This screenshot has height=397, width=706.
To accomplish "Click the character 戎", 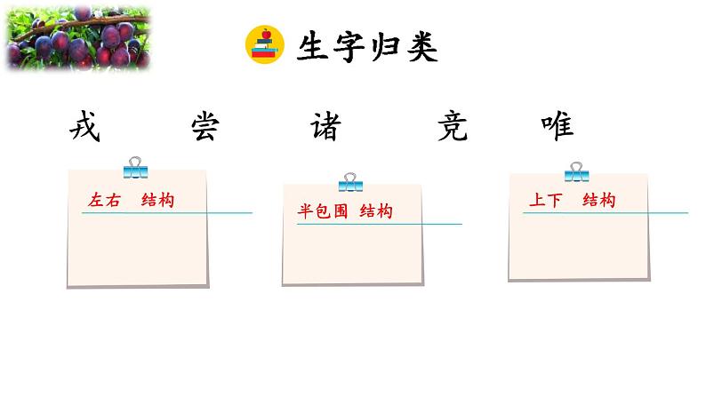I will (85, 126).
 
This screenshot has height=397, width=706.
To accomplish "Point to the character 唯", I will (558, 126).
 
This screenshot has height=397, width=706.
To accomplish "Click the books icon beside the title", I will (263, 46).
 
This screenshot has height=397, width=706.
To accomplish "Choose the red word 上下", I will (545, 201).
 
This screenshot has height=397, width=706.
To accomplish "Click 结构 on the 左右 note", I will (157, 200).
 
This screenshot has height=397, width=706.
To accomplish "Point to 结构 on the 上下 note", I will (599, 201).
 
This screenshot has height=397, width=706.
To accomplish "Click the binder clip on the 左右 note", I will (135, 167).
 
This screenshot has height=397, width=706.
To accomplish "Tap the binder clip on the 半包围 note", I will (350, 182).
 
